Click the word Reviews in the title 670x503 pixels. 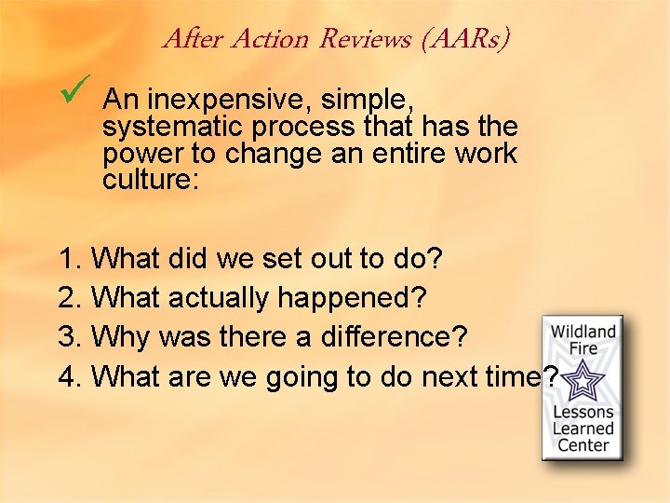click(365, 39)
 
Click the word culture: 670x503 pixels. click(151, 179)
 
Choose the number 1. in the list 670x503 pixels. click(71, 258)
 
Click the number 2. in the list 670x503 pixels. click(71, 298)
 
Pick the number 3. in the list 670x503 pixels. click(71, 337)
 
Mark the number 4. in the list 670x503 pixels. click(71, 377)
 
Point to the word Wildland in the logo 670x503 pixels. click(583, 332)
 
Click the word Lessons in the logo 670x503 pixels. click(583, 412)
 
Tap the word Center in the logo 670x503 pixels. click(583, 444)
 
